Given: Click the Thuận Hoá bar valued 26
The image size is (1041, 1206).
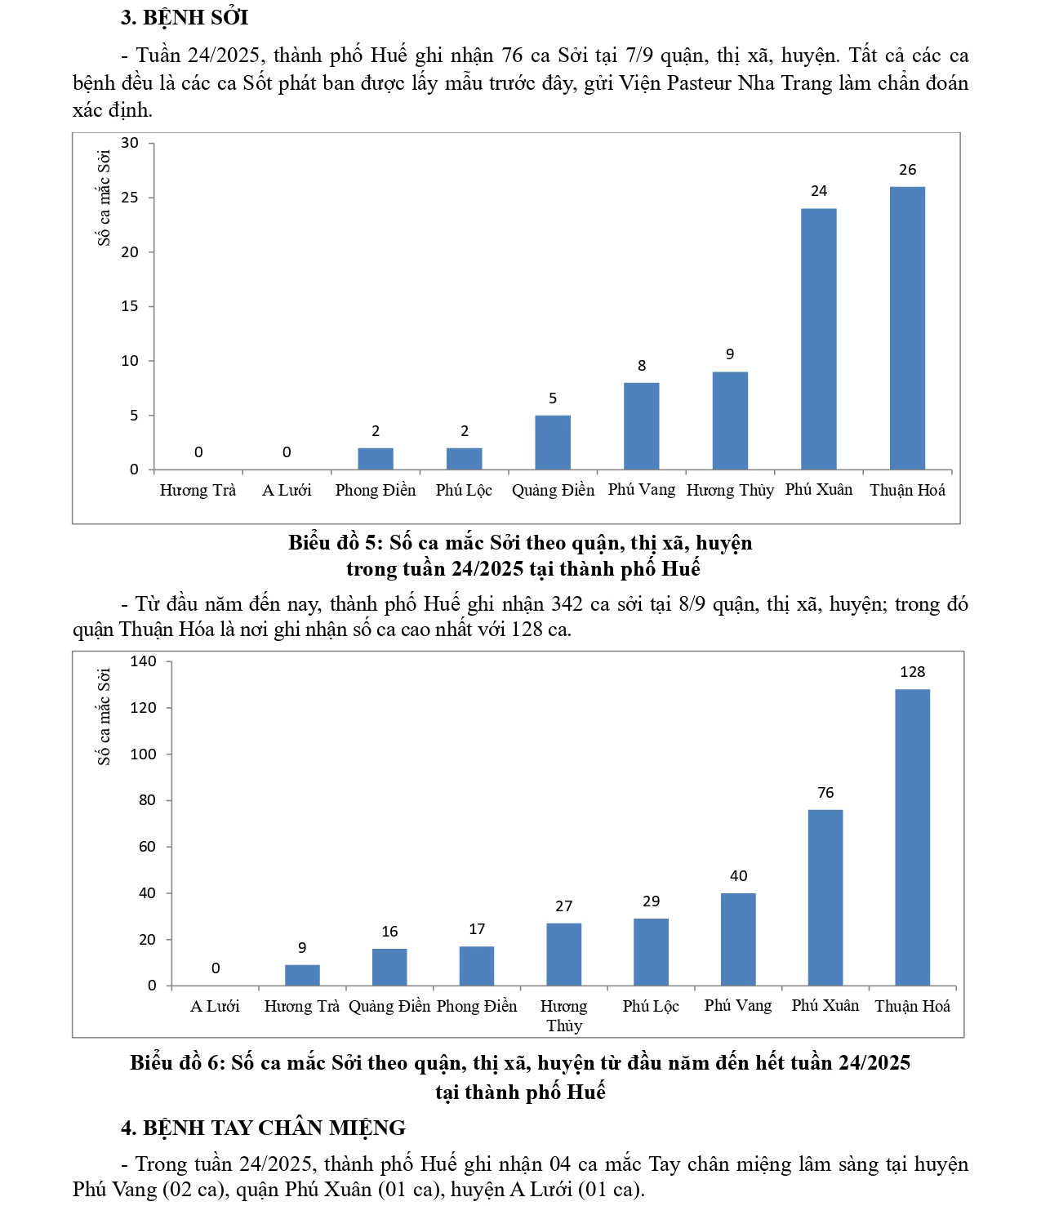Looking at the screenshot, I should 907,328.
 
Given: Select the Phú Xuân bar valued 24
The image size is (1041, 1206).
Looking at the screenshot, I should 818,339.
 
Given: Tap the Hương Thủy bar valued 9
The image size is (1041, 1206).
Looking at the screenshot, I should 730,421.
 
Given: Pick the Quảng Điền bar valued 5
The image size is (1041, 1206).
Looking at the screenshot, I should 553,443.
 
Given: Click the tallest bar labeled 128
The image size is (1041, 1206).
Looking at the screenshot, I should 912,837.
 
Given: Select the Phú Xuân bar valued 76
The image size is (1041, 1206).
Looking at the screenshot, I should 825,897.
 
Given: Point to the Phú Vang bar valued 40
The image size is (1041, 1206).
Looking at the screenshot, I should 738,939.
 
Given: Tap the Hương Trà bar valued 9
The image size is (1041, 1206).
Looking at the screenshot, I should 302,975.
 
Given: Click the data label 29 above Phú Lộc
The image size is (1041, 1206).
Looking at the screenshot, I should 651,901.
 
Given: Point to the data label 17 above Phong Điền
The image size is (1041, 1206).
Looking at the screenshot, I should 477,929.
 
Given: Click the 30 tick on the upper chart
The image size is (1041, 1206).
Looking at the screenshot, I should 130,143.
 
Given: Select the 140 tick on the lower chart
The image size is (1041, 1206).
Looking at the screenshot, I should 143,661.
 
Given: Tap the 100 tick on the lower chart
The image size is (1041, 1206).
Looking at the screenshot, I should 143,754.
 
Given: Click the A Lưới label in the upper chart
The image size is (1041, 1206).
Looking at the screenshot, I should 287,490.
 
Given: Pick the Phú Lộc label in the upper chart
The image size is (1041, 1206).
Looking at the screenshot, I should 464,490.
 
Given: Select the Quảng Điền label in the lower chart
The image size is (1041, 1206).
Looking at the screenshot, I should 389,1006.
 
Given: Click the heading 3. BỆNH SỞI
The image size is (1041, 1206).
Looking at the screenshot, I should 185,17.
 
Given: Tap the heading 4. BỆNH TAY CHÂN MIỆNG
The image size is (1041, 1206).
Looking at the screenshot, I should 263,1128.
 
